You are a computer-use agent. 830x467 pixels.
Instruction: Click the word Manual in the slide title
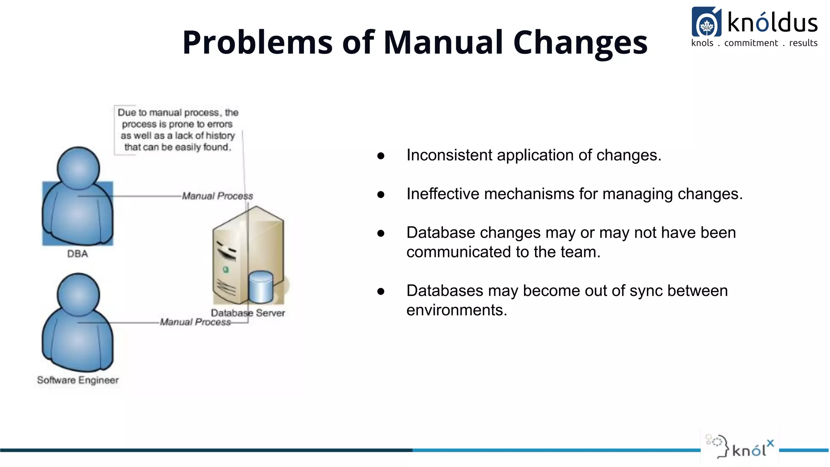click(x=443, y=42)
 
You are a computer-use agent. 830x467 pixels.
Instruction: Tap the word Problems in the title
click(x=257, y=42)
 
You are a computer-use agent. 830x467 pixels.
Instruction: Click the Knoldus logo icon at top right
click(x=706, y=22)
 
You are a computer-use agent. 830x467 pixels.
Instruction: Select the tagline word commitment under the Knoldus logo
click(x=751, y=43)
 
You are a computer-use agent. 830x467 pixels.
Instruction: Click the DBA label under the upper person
click(x=77, y=254)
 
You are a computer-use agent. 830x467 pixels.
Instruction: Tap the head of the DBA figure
click(x=78, y=167)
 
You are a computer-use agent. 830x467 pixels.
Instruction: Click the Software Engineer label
click(x=78, y=380)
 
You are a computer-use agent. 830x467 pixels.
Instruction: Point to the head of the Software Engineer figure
click(x=78, y=294)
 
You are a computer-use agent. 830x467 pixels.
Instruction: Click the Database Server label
click(x=248, y=313)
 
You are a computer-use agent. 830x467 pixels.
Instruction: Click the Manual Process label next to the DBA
click(x=217, y=196)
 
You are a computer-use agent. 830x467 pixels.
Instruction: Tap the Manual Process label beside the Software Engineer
click(x=195, y=322)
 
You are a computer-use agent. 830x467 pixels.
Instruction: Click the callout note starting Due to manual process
click(x=178, y=130)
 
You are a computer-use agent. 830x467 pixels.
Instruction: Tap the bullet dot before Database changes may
click(x=381, y=233)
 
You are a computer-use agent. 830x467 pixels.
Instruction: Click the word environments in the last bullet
click(x=456, y=311)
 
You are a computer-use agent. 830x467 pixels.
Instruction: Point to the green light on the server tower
click(x=226, y=270)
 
